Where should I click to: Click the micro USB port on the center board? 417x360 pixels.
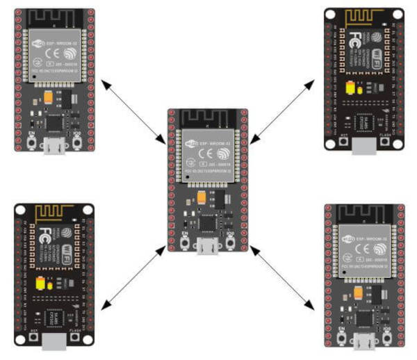tap(204, 245)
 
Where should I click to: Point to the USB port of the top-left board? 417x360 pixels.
tap(52, 146)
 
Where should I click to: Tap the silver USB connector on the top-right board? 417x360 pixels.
tap(363, 145)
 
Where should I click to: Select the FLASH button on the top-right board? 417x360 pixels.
tap(387, 142)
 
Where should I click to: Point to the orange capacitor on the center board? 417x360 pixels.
tap(201, 197)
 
